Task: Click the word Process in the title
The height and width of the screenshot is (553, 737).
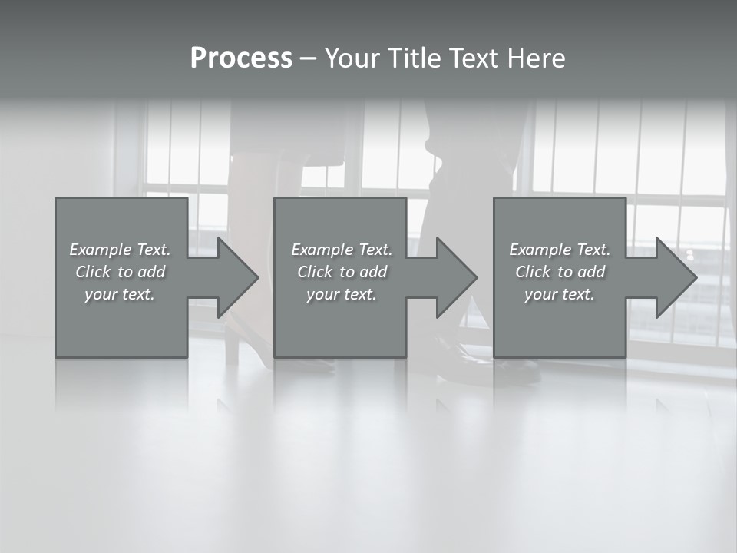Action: click(241, 58)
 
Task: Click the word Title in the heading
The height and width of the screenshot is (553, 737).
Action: click(412, 58)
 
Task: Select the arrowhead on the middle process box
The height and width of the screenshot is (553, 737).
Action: click(455, 277)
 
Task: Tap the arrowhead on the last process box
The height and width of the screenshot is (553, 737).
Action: click(675, 277)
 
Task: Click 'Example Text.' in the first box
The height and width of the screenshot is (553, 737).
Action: click(120, 250)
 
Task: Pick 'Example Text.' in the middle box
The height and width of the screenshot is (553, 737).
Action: click(342, 250)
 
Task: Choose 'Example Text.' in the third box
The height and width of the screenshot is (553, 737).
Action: click(560, 250)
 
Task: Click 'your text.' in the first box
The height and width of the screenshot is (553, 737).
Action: click(120, 294)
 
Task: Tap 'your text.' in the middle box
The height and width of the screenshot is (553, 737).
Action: click(342, 294)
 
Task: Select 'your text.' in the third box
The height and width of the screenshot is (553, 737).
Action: click(560, 294)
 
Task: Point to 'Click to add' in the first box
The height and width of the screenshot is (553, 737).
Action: click(120, 272)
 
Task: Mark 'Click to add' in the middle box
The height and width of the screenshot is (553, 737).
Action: click(342, 272)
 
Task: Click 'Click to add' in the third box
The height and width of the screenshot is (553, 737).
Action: click(560, 272)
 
